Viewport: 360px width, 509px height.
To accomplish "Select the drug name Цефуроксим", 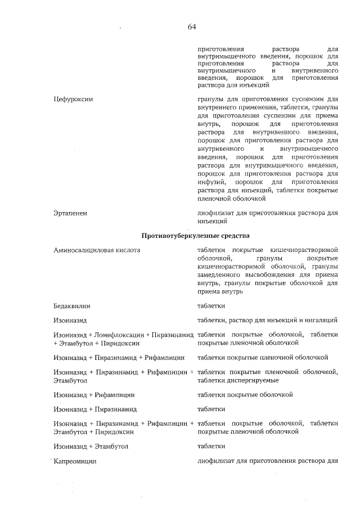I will [72, 99].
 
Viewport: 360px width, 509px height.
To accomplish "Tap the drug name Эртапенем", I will [70, 213].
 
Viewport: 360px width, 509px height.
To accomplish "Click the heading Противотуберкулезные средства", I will [196, 235].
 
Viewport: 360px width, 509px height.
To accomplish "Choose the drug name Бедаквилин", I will [71, 306].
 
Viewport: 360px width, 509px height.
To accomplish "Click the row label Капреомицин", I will [74, 461].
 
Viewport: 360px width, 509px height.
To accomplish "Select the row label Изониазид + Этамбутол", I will [91, 446].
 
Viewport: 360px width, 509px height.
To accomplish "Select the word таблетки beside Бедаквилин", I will [211, 306].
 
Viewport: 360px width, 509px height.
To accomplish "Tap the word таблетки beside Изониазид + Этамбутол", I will [211, 446].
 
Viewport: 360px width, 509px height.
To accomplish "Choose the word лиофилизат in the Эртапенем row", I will [216, 213].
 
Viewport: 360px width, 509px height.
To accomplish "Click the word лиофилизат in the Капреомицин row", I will [216, 461].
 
